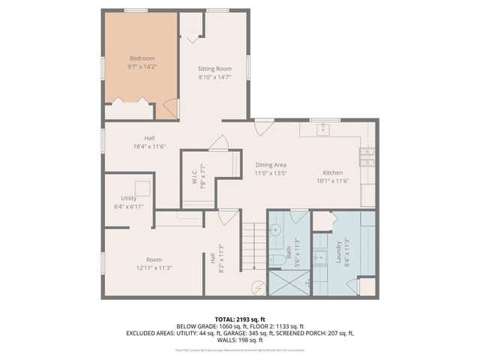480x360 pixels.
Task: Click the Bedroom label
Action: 142,58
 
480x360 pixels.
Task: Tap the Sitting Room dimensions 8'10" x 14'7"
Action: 214,76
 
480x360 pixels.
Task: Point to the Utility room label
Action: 128,197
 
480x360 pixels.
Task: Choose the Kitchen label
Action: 332,172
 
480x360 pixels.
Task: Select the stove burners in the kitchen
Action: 367,156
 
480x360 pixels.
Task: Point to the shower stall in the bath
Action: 288,283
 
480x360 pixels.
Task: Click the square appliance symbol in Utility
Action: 142,187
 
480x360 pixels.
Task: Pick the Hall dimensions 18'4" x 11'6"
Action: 149,147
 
